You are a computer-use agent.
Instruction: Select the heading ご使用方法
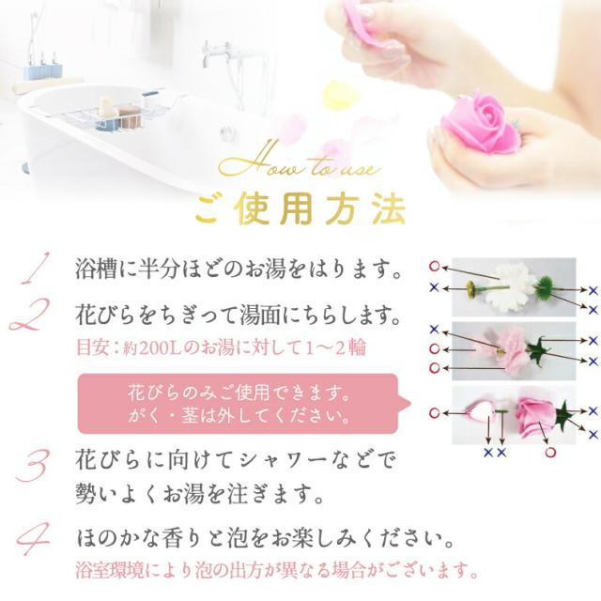coord(300,208)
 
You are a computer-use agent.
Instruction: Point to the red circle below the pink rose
coord(550,451)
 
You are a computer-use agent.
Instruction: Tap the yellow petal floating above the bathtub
coord(336,94)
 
